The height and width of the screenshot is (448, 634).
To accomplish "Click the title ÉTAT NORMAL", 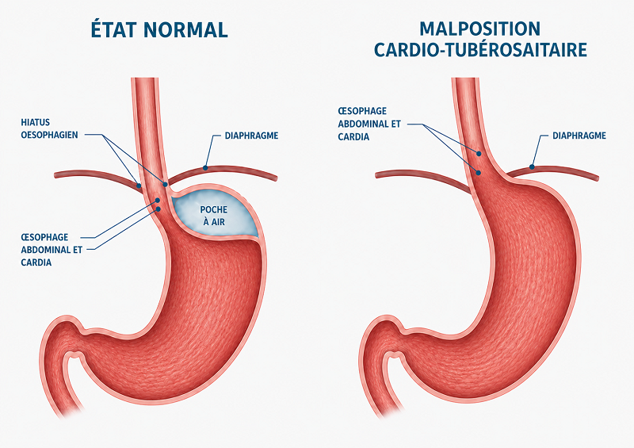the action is (159, 29).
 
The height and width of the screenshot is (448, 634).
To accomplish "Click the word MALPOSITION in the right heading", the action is (480, 29).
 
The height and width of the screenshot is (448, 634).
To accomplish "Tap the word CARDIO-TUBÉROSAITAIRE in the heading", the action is (480, 50).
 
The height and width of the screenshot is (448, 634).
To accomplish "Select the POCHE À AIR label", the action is (213, 216).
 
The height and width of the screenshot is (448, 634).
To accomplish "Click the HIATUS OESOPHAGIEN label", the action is (49, 128).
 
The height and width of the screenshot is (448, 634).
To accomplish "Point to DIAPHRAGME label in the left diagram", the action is (251, 136).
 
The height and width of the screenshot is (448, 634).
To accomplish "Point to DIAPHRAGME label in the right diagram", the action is (579, 136).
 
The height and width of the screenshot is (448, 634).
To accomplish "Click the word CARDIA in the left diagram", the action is (36, 262).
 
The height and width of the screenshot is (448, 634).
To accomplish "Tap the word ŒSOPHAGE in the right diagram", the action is (362, 111).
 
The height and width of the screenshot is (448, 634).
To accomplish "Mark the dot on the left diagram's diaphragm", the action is (205, 167).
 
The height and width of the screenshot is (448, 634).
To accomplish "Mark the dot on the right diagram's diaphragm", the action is (532, 167).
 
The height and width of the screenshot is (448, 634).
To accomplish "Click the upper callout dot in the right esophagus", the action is (479, 154).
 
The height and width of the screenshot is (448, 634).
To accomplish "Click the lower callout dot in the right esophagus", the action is (479, 173).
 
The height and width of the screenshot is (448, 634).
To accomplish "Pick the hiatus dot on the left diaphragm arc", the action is (139, 186).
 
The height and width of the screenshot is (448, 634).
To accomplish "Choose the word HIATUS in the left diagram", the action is (36, 122).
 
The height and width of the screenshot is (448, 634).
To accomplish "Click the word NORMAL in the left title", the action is (185, 30).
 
